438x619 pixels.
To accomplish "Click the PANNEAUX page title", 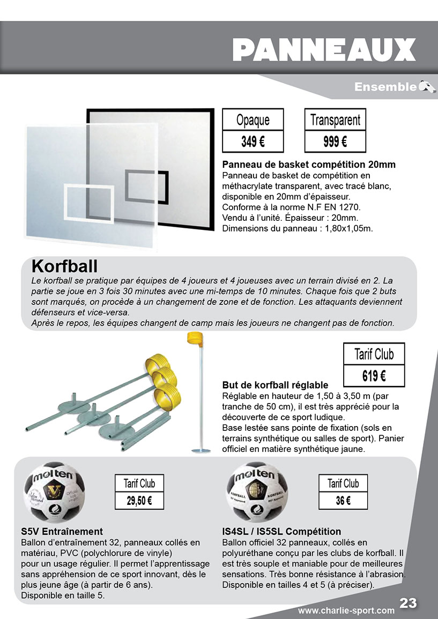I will pos(324,50).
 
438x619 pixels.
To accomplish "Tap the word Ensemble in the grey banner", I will pos(385,87).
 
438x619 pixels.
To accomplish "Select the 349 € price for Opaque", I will pos(253,142).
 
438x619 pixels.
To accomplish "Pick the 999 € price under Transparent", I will pos(335,142).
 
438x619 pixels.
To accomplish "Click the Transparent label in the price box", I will pos(335,120).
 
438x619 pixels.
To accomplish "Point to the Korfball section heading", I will pos(64,266).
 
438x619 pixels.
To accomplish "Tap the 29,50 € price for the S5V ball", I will pos(139,501).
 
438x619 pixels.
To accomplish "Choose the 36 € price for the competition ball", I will pos(343,501).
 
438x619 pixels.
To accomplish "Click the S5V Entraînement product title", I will pos(62,532).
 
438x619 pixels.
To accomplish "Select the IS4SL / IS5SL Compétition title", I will pos(281,532).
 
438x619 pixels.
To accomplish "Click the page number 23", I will pos(409,603).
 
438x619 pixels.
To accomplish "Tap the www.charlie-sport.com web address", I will pos(346,610).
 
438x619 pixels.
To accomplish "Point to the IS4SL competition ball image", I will pos(258,491).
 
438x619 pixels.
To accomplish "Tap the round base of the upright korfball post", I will pos(201,450).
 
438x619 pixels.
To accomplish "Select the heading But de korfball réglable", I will pos(275,385).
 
